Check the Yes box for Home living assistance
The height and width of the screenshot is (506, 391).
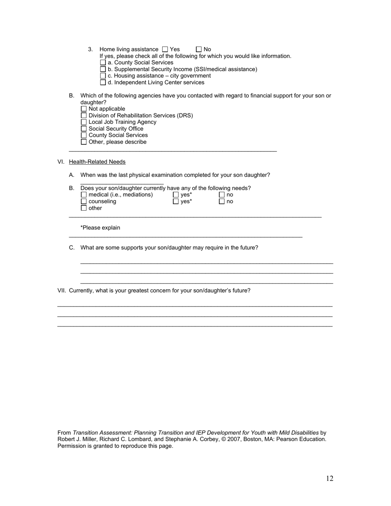(165, 49)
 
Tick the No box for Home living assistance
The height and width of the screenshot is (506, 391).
(199, 49)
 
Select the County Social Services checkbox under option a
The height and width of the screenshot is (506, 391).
(103, 63)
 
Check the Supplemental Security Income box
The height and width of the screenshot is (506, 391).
(103, 69)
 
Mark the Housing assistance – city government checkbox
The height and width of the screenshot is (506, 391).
(103, 76)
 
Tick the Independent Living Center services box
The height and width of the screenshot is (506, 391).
(103, 82)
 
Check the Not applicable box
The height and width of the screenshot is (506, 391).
(84, 109)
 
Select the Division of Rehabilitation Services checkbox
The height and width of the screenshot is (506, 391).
(84, 116)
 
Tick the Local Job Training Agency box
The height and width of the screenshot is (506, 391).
(84, 122)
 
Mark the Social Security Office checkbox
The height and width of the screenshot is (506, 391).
(84, 129)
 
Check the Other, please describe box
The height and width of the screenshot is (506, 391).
(84, 142)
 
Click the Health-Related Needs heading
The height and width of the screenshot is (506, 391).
(97, 162)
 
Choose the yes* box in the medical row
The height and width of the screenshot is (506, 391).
(176, 195)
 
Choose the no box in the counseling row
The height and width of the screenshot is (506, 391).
(222, 202)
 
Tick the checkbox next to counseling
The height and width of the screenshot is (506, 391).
(84, 202)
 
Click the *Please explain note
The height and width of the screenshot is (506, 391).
(100, 228)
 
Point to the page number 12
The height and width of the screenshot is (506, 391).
(330, 478)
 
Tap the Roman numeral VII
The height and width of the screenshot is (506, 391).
(61, 291)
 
